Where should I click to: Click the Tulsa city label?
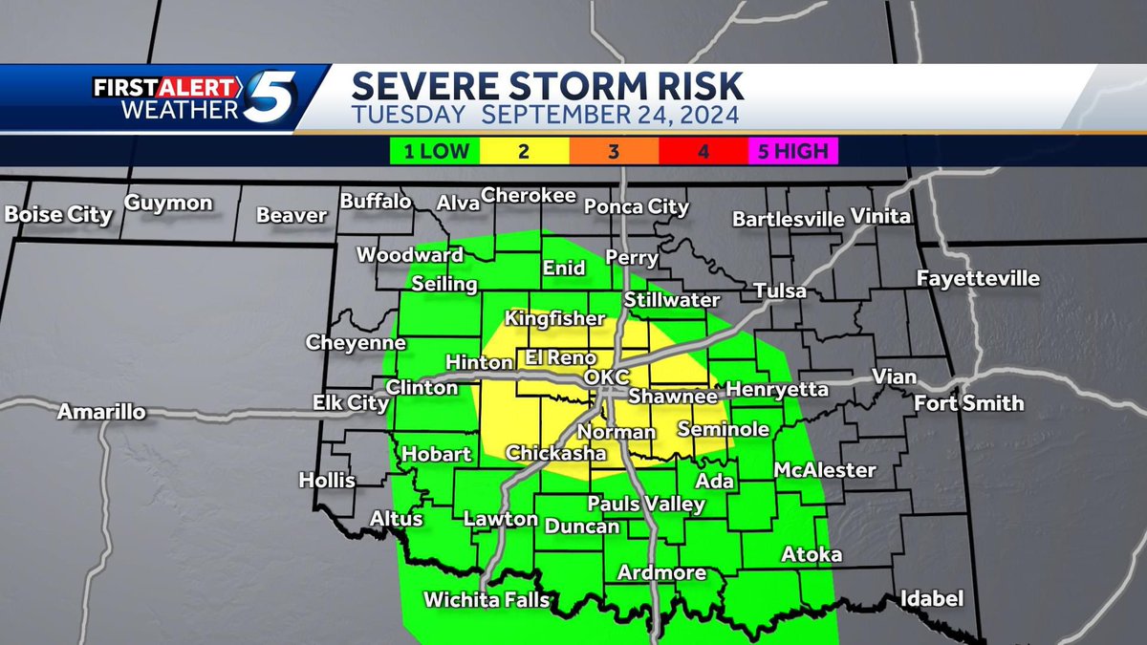pyautogui.click(x=779, y=290)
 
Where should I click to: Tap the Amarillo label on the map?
pyautogui.click(x=101, y=413)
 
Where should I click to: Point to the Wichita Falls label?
pyautogui.click(x=487, y=600)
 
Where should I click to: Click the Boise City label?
pyautogui.click(x=58, y=214)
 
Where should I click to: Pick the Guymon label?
pyautogui.click(x=168, y=203)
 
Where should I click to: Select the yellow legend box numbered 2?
pyautogui.click(x=524, y=151)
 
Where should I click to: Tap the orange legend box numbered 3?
pyautogui.click(x=614, y=151)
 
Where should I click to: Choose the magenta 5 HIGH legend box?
pyautogui.click(x=793, y=151)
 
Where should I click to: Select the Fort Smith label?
pyautogui.click(x=968, y=402)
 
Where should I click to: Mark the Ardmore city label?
pyautogui.click(x=661, y=572)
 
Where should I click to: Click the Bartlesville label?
pyautogui.click(x=788, y=219)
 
